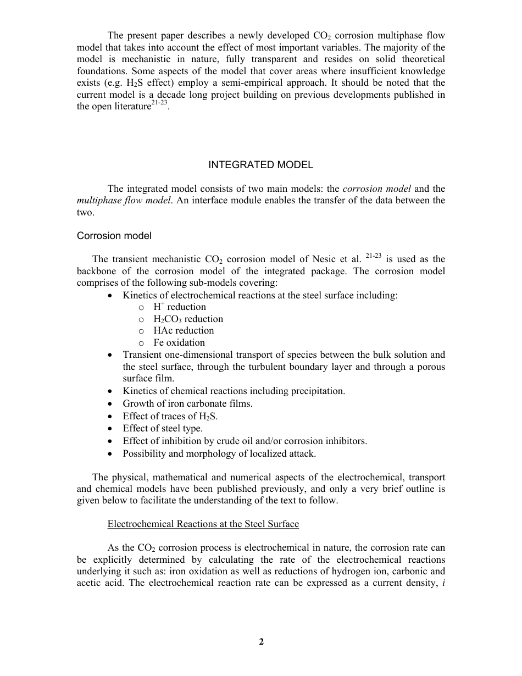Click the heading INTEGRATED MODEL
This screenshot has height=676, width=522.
click(x=261, y=165)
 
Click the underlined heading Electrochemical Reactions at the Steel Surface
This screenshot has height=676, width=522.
click(x=203, y=524)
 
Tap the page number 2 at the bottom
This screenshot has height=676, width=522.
click(x=262, y=641)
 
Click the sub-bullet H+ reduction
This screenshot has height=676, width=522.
click(x=180, y=307)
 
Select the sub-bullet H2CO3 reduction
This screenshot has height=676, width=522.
click(x=188, y=319)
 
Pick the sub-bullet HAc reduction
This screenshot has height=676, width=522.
click(x=184, y=331)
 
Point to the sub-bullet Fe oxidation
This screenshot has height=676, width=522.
click(x=179, y=342)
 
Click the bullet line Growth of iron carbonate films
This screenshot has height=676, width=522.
click(x=187, y=404)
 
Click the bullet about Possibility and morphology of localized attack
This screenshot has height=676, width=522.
click(x=219, y=453)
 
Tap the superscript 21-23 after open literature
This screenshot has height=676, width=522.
click(x=159, y=103)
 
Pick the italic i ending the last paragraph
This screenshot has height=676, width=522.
click(x=443, y=584)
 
